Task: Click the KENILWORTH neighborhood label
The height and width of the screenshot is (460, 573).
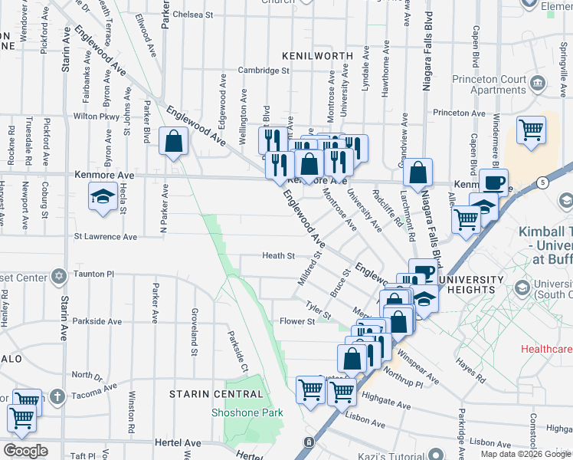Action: [x=316, y=56]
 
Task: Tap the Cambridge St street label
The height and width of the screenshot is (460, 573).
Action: [x=263, y=71]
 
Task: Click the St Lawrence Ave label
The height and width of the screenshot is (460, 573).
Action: [x=105, y=237]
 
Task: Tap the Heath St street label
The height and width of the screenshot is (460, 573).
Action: [x=278, y=255]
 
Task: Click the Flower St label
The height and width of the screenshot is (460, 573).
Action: [x=297, y=322]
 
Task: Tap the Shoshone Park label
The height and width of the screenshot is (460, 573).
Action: [x=247, y=412]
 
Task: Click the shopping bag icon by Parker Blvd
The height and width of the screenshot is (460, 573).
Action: [x=174, y=141]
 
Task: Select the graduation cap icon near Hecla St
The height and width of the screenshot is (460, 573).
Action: [x=103, y=197]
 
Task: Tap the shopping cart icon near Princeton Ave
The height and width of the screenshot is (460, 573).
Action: [x=530, y=129]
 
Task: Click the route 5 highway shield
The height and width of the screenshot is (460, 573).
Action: [x=542, y=182]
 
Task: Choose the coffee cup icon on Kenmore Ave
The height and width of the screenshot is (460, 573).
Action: [x=494, y=182]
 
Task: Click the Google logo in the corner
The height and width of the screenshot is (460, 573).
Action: [x=26, y=451]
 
